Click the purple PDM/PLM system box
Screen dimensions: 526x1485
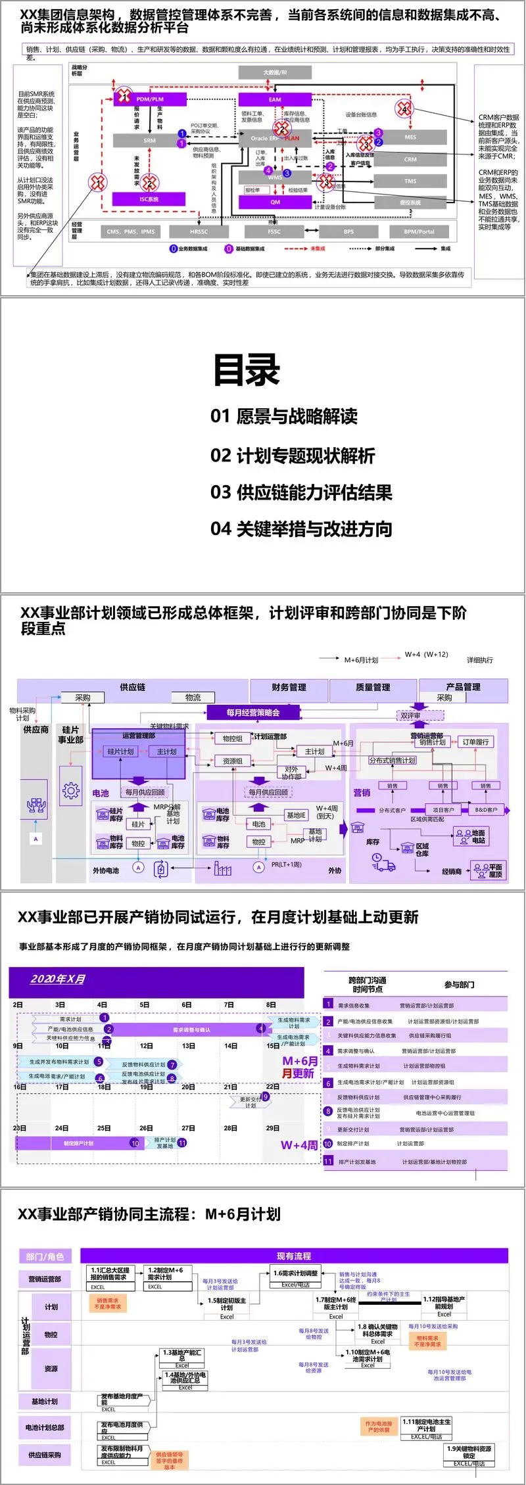click(149, 99)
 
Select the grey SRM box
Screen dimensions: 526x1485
click(149, 141)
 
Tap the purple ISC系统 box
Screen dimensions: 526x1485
click(149, 199)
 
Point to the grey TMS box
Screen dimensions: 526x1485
click(410, 181)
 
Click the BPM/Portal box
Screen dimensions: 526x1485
click(419, 231)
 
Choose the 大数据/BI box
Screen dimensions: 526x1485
click(275, 72)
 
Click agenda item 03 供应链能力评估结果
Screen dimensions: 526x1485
click(301, 492)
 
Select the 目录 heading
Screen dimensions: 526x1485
click(247, 370)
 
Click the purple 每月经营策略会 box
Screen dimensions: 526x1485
click(253, 713)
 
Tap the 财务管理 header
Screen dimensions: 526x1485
click(289, 687)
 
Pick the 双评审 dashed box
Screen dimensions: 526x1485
click(411, 715)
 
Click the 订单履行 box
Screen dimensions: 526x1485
click(475, 742)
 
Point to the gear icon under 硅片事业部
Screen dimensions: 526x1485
click(70, 791)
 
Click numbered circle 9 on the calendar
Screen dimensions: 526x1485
click(266, 1096)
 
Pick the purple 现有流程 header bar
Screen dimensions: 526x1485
click(294, 1256)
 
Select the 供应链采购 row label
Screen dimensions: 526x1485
click(45, 1455)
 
